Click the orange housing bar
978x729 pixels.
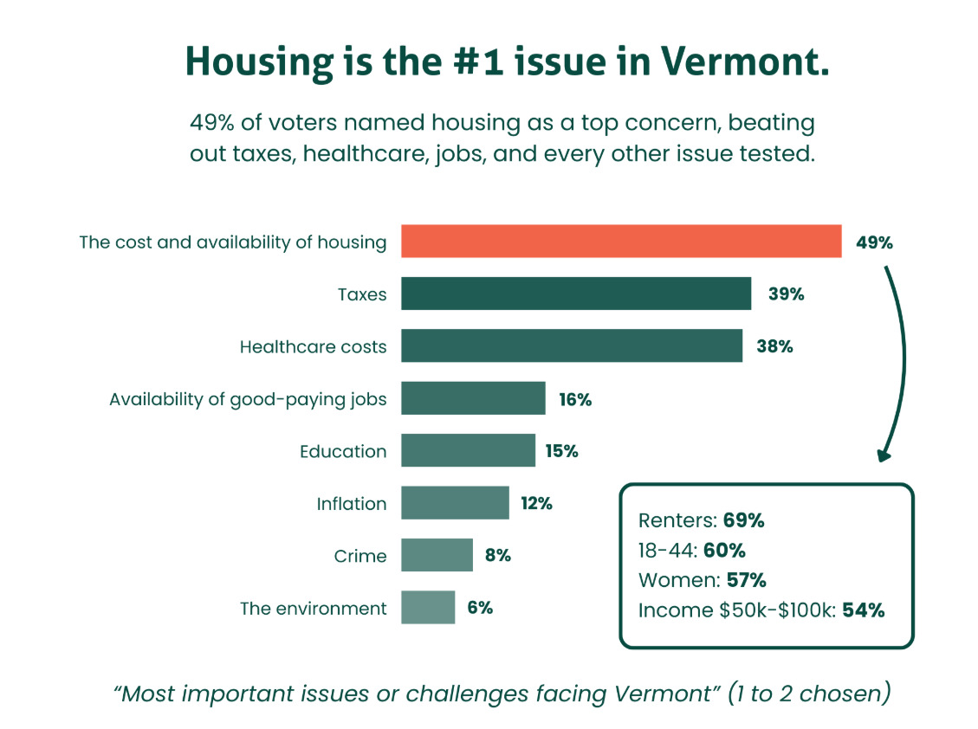click(620, 242)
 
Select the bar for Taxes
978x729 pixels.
click(575, 294)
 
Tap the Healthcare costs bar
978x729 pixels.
click(571, 345)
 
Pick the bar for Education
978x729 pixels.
click(468, 450)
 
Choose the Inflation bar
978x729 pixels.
click(455, 502)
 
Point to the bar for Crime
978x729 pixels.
click(437, 555)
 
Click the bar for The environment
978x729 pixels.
click(428, 607)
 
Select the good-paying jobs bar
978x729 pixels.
click(473, 398)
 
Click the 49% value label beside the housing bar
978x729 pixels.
click(874, 242)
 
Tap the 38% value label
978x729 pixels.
click(774, 346)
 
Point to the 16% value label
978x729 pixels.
click(575, 399)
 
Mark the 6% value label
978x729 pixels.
click(480, 608)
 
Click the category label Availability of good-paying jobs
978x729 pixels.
click(248, 399)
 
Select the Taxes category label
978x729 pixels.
click(362, 294)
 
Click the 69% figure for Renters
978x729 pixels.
click(743, 520)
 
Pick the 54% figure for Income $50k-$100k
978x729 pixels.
click(864, 610)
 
